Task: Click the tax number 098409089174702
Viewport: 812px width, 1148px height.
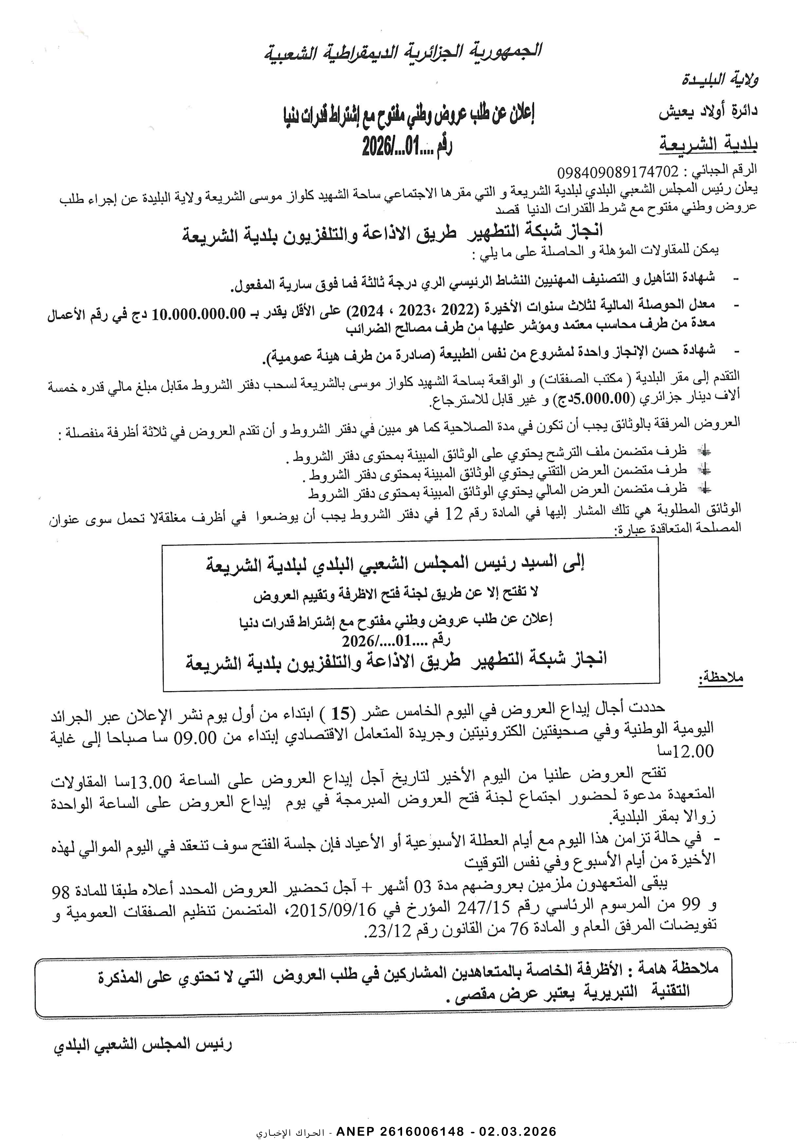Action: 617,172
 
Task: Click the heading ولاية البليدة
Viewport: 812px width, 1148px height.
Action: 719,80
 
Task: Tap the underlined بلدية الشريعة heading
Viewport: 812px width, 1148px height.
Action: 708,144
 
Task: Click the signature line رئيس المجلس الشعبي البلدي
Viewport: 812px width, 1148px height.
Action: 142,1045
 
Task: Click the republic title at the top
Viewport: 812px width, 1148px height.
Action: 403,51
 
